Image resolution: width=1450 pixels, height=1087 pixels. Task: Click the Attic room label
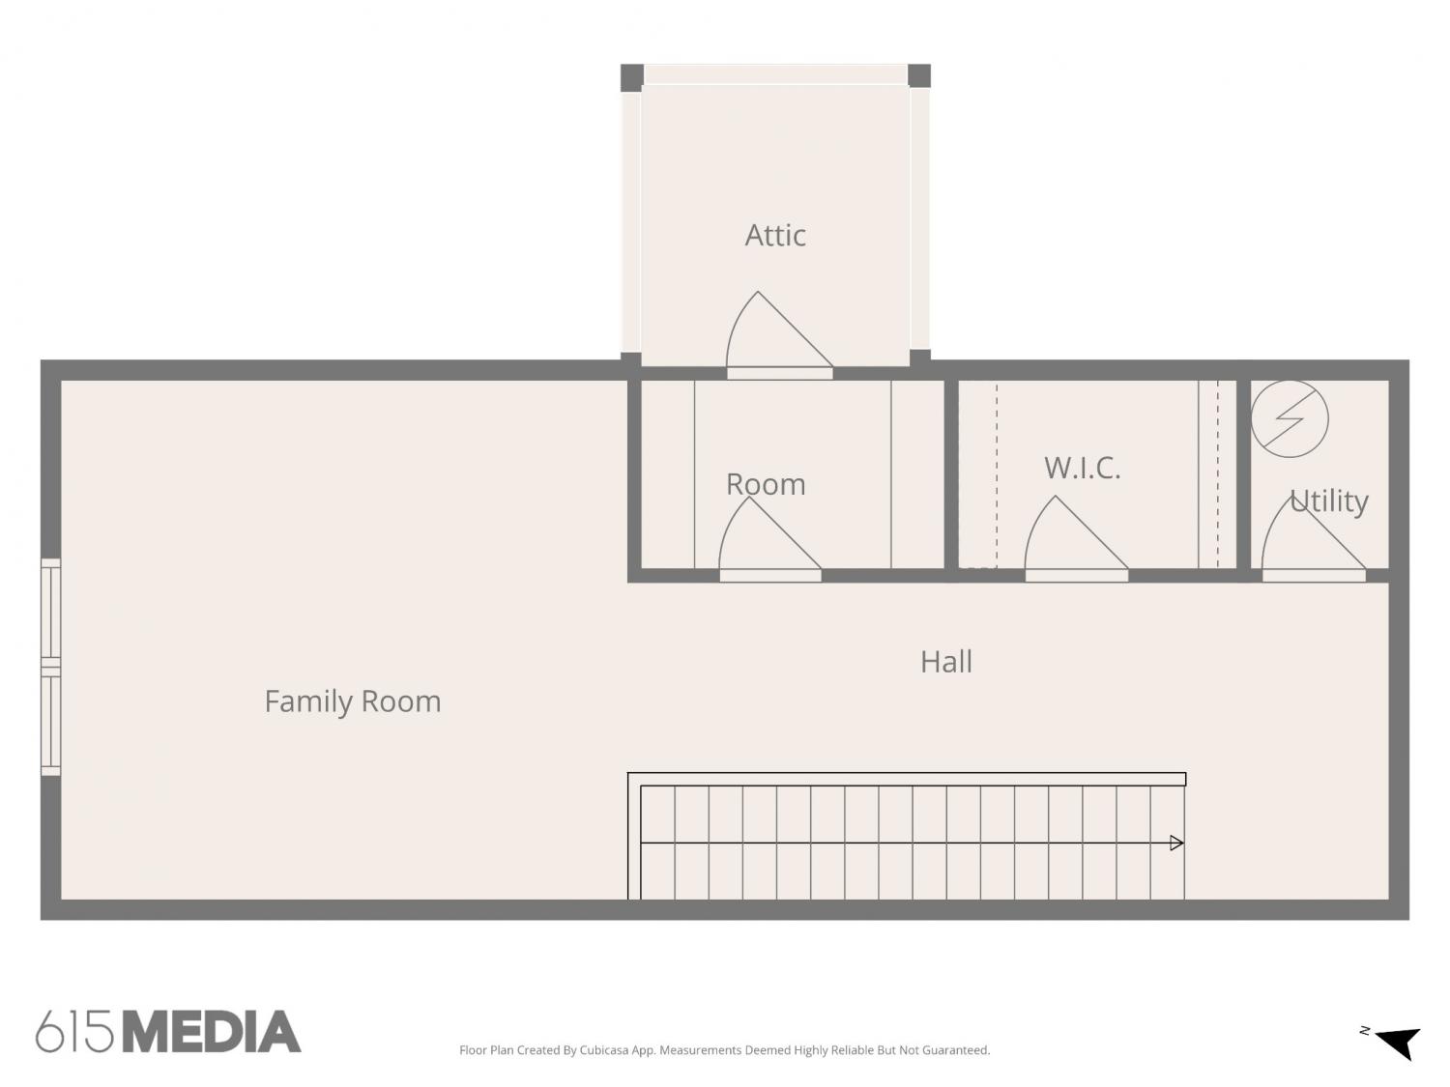click(x=775, y=235)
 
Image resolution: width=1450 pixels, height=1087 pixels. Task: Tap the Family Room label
click(x=353, y=701)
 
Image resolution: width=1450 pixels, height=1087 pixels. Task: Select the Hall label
click(x=946, y=661)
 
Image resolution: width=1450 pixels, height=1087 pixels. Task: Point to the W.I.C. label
click(x=1082, y=468)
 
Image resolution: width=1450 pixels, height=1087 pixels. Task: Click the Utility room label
click(x=1328, y=501)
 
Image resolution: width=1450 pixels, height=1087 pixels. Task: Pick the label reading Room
click(x=766, y=484)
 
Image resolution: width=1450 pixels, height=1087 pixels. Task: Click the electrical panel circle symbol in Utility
click(x=1289, y=418)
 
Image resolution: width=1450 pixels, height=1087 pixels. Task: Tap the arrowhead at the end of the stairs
click(x=1176, y=843)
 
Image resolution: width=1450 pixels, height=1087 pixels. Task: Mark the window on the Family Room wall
click(x=51, y=668)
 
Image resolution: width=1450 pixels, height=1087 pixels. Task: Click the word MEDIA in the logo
click(x=213, y=1031)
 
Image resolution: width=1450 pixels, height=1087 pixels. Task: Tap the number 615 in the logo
click(x=74, y=1031)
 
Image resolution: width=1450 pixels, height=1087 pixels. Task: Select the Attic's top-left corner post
click(x=632, y=78)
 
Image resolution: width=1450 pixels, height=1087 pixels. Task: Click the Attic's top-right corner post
click(x=919, y=76)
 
